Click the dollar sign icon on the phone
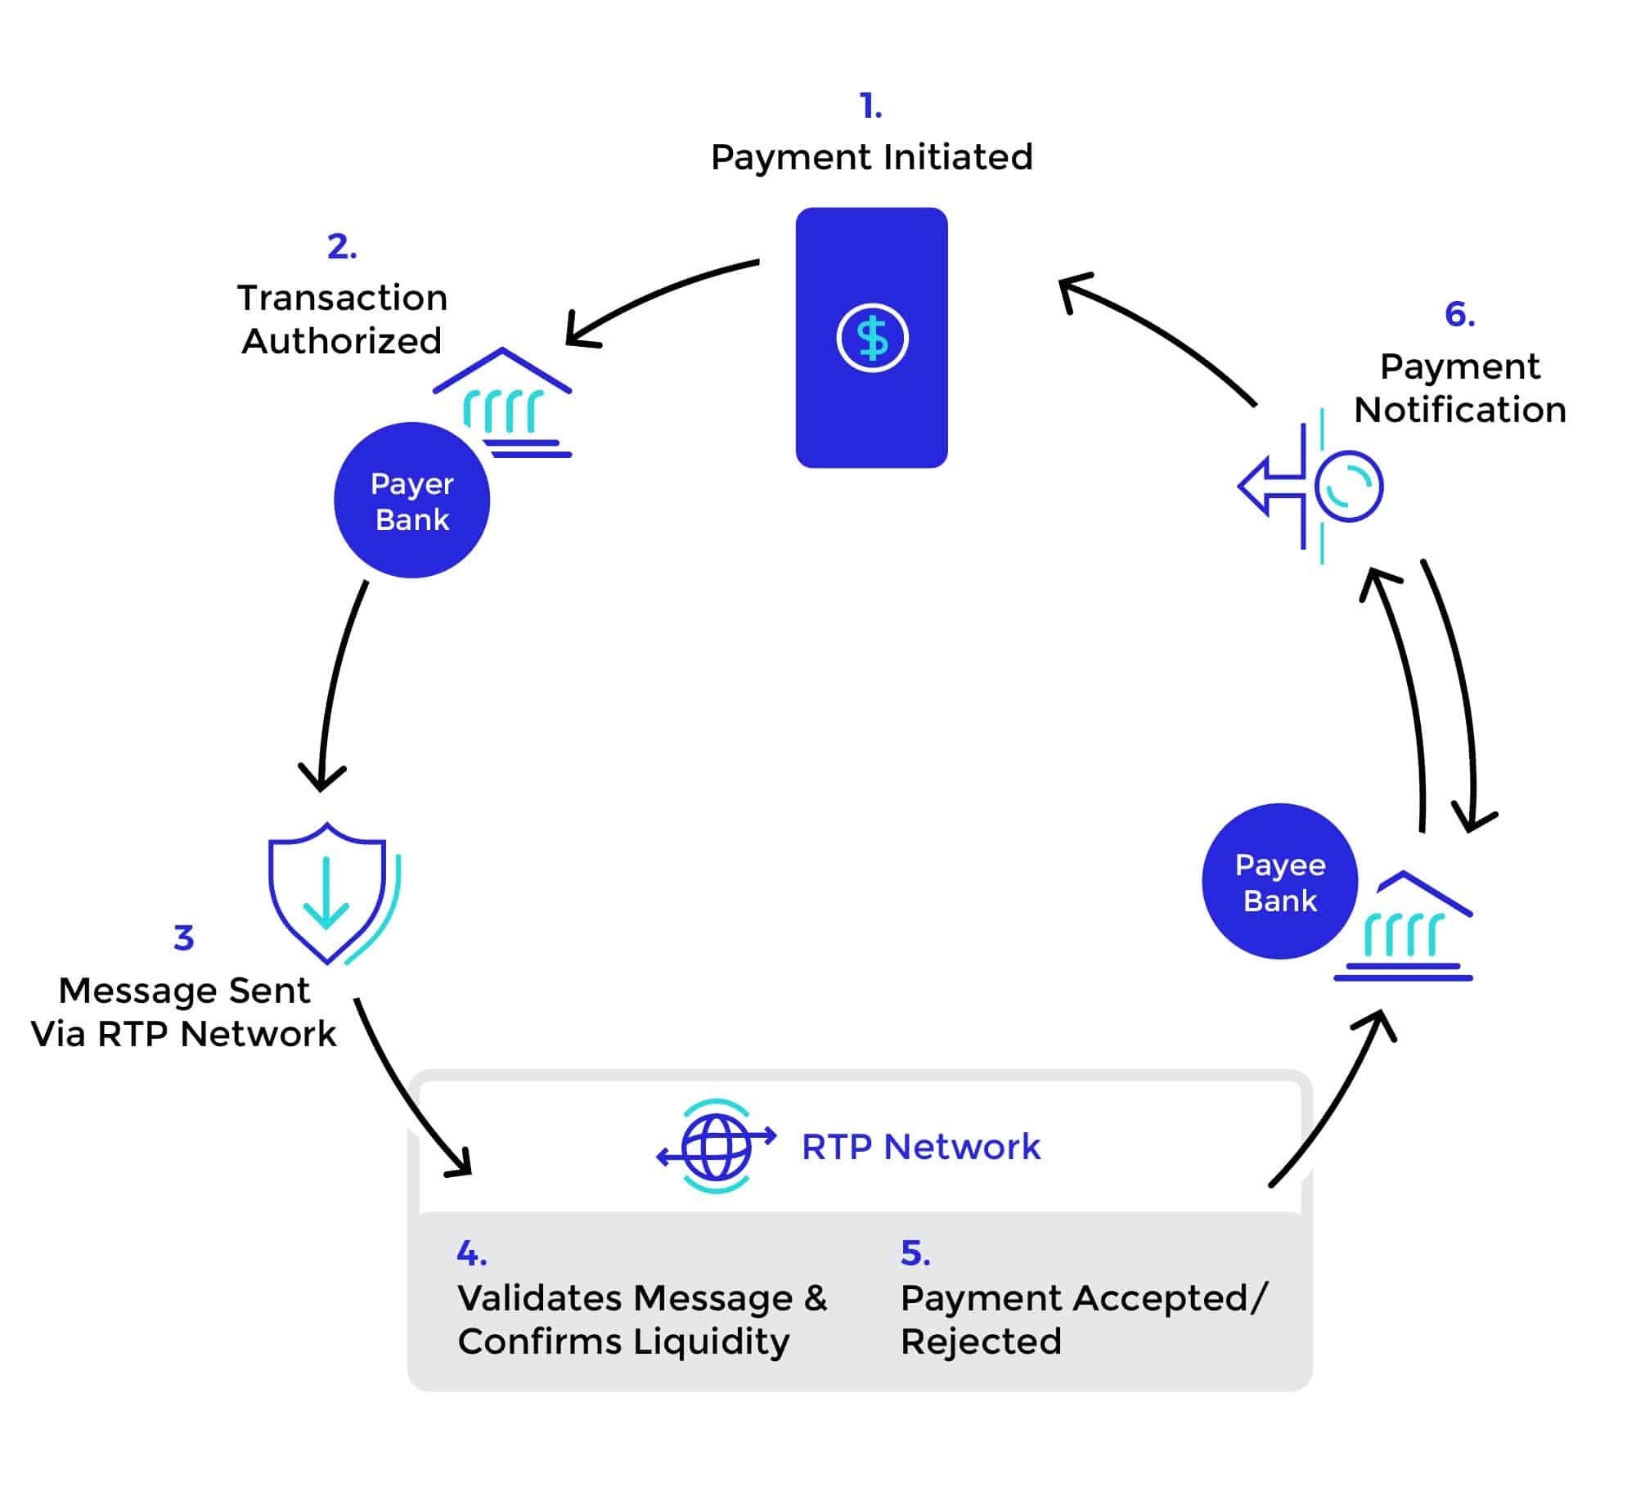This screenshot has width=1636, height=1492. tap(872, 338)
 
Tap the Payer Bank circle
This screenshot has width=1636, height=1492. tap(411, 501)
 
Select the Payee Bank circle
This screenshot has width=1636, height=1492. tap(1279, 882)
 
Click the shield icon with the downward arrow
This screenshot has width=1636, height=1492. tap(327, 893)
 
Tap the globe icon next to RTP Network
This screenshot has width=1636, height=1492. tap(717, 1146)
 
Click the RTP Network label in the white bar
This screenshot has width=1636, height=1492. tap(920, 1147)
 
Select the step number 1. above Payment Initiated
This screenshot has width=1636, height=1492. tap(870, 106)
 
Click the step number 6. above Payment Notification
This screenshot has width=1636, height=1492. tap(1459, 315)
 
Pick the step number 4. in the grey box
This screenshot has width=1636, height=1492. tap(471, 1253)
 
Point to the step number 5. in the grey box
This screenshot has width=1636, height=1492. tap(915, 1253)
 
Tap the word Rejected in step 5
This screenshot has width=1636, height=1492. tap(980, 1341)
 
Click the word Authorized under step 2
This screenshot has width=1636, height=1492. tap(342, 341)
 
